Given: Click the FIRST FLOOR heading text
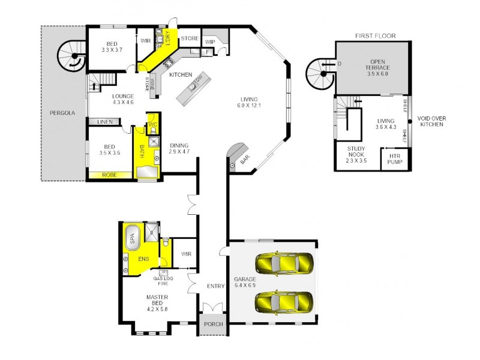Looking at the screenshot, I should (x=376, y=36).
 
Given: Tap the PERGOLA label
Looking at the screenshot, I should (x=62, y=112).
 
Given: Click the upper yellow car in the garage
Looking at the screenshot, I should (x=284, y=263).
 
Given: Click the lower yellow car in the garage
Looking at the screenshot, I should (x=284, y=299).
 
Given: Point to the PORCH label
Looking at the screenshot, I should (x=213, y=324).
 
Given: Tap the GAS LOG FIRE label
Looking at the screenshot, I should (x=163, y=281).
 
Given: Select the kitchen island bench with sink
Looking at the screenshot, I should (x=194, y=89).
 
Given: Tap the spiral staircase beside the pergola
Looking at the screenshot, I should (x=73, y=58).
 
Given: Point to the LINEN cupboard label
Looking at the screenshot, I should (x=104, y=122).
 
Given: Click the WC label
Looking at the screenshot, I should (x=152, y=125).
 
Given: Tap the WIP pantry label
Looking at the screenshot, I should (x=210, y=41).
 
